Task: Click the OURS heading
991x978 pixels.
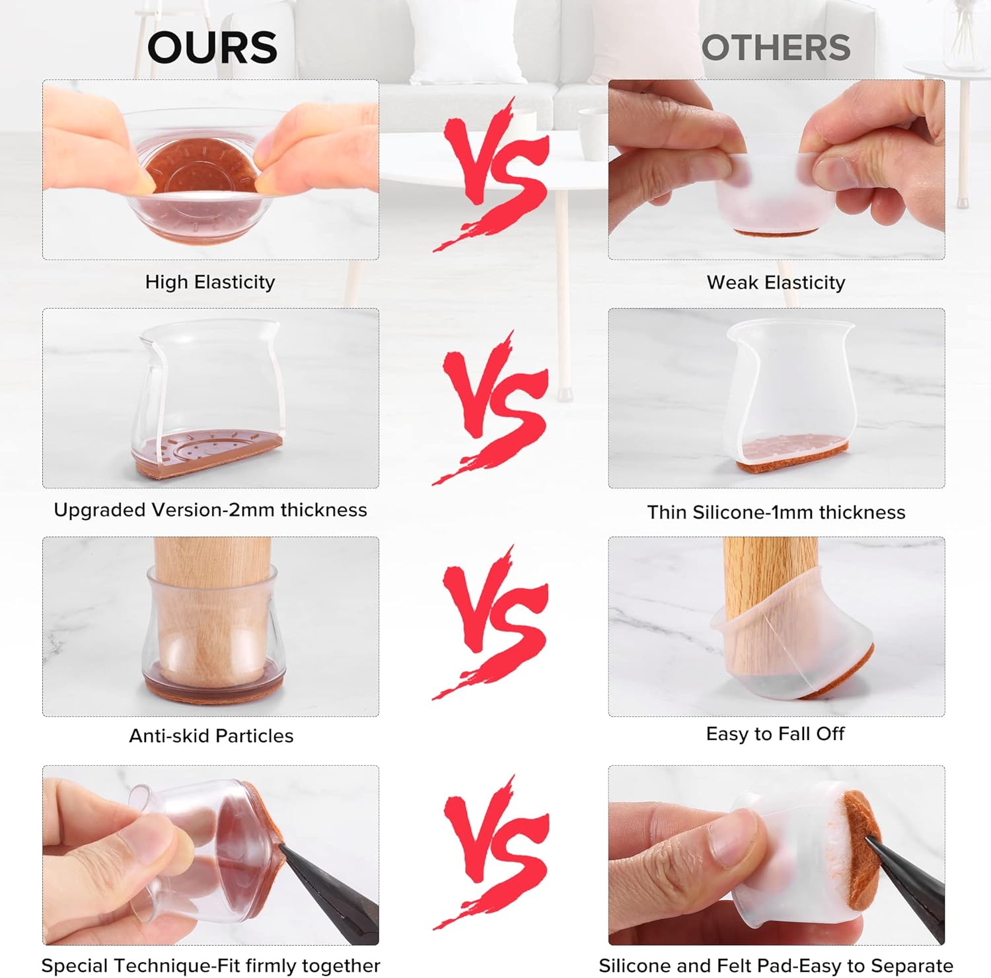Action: click(x=212, y=48)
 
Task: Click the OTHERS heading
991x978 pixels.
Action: click(x=776, y=48)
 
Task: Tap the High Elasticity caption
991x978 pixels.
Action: click(x=210, y=282)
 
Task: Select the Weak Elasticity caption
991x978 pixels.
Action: click(x=776, y=283)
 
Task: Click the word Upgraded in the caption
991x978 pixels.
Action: click(x=100, y=511)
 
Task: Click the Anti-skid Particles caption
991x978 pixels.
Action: click(x=211, y=736)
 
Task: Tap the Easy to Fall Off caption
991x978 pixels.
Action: click(x=776, y=734)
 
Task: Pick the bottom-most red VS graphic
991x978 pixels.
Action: click(x=492, y=852)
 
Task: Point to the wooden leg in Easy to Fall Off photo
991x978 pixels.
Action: click(x=770, y=595)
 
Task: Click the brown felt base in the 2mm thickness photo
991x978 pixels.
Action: click(x=209, y=456)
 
